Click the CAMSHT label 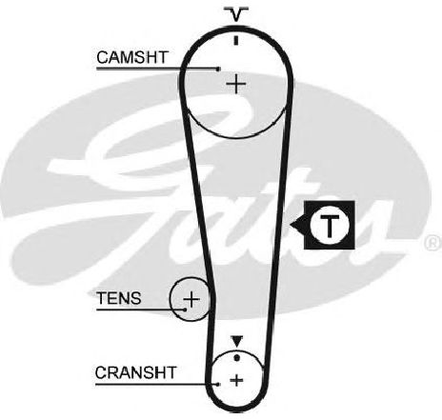132,57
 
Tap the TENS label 119,298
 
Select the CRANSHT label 135,372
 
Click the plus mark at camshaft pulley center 235,84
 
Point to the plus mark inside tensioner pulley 191,299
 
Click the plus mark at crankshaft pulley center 236,380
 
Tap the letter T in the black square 330,226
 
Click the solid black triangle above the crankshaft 237,341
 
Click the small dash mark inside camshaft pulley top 235,40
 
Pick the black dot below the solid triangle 236,358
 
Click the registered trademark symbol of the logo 432,243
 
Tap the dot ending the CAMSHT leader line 218,69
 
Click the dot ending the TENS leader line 185,310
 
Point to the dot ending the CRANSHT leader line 217,384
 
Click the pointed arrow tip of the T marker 291,225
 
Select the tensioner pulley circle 170,299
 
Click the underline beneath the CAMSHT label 157,69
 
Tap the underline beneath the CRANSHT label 156,384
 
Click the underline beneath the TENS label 140,310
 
